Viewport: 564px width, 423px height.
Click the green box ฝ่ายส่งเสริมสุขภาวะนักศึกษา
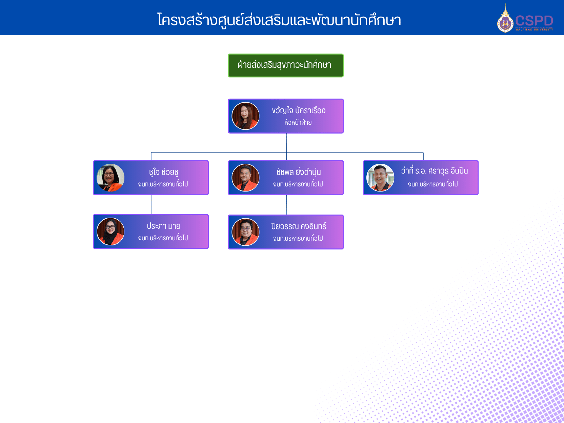click(x=285, y=65)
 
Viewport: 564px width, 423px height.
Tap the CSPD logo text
click(x=534, y=21)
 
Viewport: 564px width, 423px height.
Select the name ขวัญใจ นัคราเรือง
click(x=298, y=110)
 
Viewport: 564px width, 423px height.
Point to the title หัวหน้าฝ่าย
click(x=298, y=122)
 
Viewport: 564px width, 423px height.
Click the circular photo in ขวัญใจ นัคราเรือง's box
click(x=245, y=116)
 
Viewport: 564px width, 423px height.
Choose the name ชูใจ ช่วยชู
click(x=163, y=172)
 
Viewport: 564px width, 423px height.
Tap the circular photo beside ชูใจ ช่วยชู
click(x=110, y=178)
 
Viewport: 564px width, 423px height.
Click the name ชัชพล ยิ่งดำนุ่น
click(x=298, y=172)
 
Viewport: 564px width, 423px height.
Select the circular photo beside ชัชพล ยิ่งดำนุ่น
click(x=245, y=178)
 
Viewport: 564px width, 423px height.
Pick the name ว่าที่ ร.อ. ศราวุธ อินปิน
click(x=434, y=171)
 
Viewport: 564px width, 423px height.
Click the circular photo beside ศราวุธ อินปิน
click(x=380, y=178)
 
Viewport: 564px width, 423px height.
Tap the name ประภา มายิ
click(x=163, y=226)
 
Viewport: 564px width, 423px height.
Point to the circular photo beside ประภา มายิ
click(x=110, y=231)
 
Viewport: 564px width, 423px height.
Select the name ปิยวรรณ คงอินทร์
click(x=298, y=226)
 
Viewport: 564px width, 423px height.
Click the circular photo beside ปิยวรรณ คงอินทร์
click(x=245, y=232)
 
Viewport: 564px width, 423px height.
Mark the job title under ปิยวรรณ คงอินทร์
click(x=298, y=239)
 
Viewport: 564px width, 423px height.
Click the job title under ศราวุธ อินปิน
click(x=433, y=184)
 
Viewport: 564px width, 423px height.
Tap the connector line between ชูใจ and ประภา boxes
click(x=151, y=205)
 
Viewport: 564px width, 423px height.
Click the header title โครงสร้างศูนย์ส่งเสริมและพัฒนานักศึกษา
click(x=279, y=20)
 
